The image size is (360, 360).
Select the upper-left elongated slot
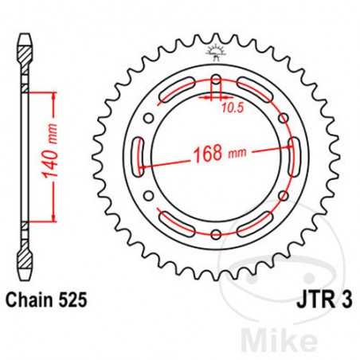[178, 92]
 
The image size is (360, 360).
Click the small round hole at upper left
[149, 117]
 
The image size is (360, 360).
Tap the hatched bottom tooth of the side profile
[23, 260]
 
